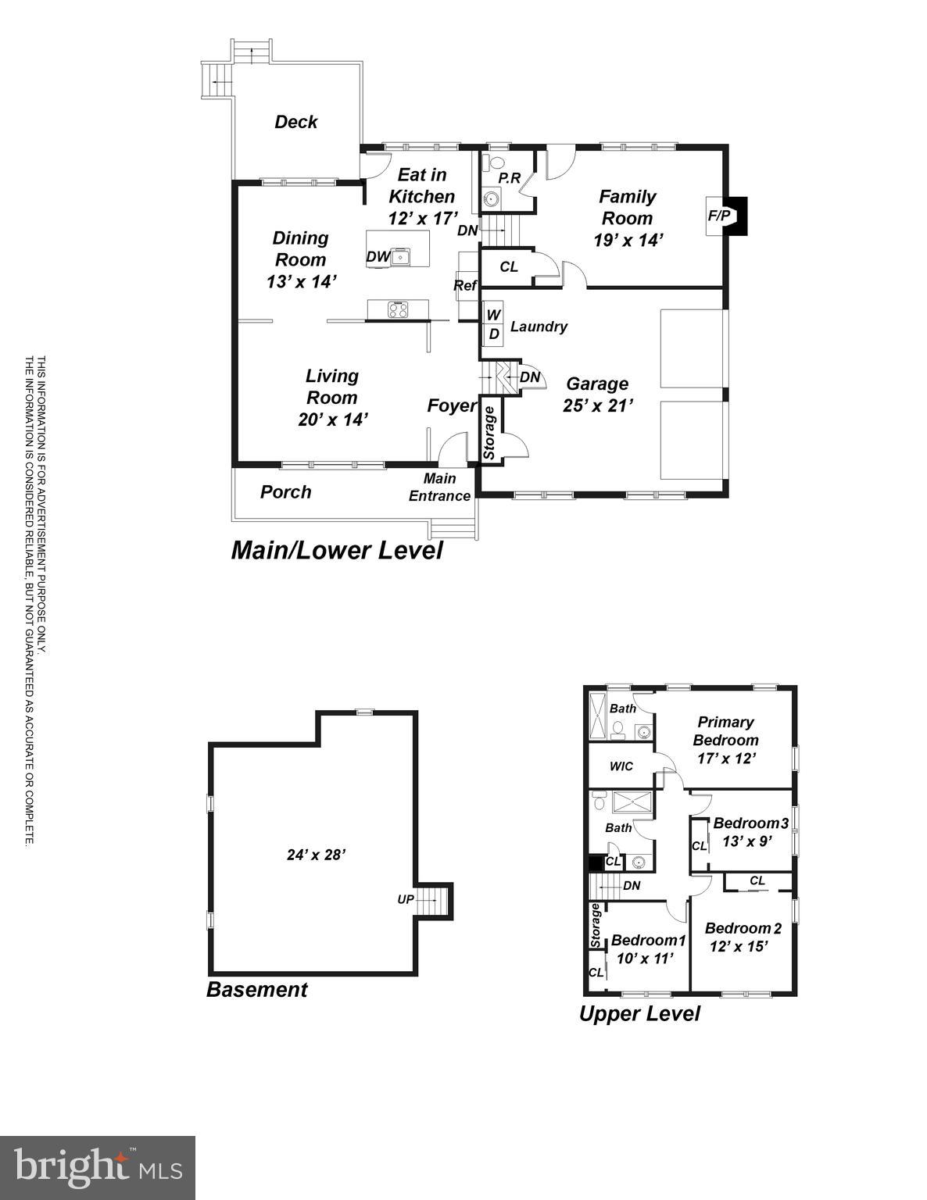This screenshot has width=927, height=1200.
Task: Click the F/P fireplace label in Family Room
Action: pos(718,216)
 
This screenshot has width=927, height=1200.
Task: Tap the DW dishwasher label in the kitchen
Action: pos(378,256)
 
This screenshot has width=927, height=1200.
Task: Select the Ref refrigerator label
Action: pos(465,286)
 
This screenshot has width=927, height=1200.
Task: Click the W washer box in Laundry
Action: pos(493,315)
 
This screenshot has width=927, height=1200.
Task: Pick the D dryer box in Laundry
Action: pos(493,334)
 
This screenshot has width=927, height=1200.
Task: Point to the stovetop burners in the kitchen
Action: pos(399,310)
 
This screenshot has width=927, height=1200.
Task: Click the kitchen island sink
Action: pos(401,256)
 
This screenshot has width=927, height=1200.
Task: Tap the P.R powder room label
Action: pos(510,178)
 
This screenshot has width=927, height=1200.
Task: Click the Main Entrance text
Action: pos(439,487)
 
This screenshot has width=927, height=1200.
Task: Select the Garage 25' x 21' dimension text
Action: pos(597,405)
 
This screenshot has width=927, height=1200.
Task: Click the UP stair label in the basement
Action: pos(405,899)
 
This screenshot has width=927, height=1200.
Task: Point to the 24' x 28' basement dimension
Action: pos(316,855)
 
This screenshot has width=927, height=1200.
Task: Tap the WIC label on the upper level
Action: pos(621,766)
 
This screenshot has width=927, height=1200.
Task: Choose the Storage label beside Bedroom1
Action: pos(596,926)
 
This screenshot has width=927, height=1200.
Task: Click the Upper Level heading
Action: pos(639,1013)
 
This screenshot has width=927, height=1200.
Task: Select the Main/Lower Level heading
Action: pos(337,550)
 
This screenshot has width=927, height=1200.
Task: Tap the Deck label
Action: pos(296,122)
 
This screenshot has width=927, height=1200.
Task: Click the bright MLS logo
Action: pos(98,1168)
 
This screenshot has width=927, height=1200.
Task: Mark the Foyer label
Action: pos(452,405)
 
